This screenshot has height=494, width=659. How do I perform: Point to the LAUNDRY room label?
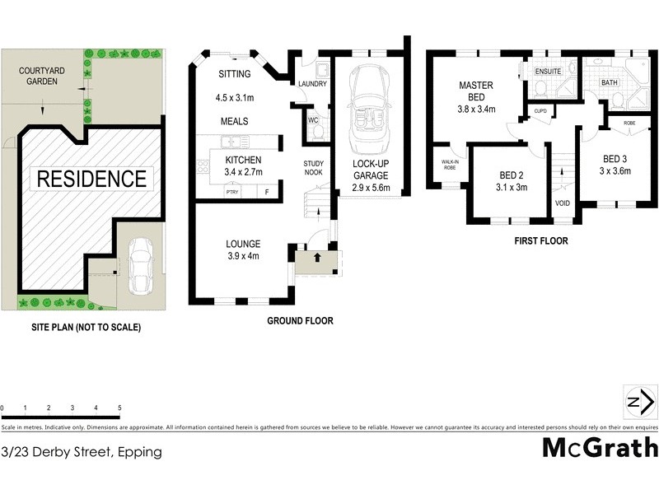pyautogui.click(x=312, y=84)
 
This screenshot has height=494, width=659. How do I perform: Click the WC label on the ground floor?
pyautogui.click(x=312, y=121)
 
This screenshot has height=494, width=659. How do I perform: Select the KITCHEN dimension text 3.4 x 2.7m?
pyautogui.click(x=243, y=172)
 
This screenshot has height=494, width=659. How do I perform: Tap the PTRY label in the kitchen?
pyautogui.click(x=232, y=193)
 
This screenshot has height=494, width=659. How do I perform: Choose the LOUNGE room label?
pyautogui.click(x=243, y=244)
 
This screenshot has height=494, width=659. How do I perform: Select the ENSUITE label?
pyautogui.click(x=548, y=72)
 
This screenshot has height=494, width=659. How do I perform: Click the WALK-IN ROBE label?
pyautogui.click(x=450, y=165)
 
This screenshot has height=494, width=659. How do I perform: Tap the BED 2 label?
pyautogui.click(x=512, y=175)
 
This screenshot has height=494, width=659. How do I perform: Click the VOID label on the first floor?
pyautogui.click(x=563, y=202)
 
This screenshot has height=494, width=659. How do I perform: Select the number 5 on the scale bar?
pyautogui.click(x=119, y=408)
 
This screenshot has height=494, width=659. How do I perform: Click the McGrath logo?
pyautogui.click(x=600, y=447)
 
